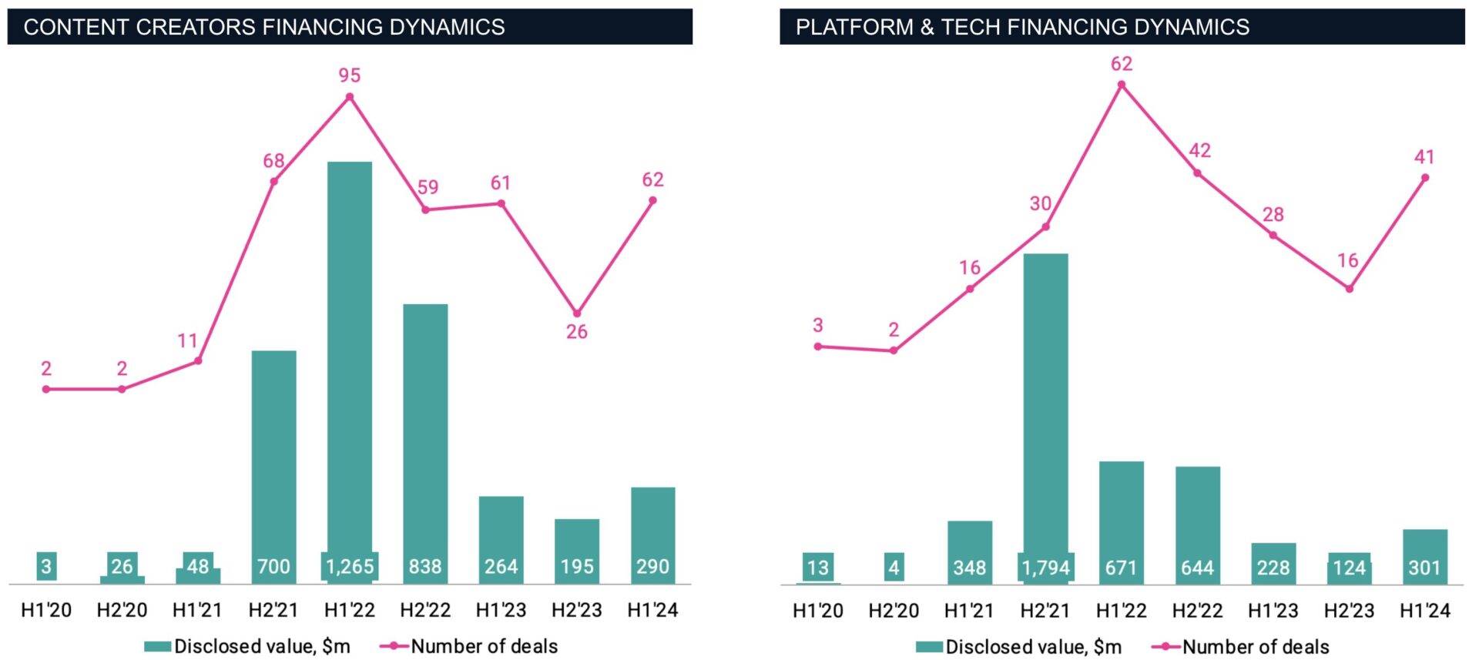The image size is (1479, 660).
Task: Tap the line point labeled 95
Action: point(349,97)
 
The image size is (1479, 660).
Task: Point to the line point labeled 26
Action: point(577,313)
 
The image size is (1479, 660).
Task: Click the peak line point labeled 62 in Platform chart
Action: point(1121,85)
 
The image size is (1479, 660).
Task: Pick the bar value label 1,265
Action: point(349,567)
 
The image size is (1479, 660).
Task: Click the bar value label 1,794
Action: point(1045,568)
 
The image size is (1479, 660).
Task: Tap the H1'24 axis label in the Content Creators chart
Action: point(652,610)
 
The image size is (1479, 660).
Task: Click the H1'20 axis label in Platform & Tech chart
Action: point(817,611)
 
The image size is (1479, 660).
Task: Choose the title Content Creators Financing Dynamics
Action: point(264,27)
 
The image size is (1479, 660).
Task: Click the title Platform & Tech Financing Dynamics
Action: point(1022,27)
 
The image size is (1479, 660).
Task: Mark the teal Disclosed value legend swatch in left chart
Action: point(157,646)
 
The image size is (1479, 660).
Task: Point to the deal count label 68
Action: point(273,161)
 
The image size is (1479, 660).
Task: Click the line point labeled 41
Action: point(1425,178)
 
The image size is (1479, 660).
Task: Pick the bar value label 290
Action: point(652,567)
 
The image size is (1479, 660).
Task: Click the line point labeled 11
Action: point(198,360)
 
